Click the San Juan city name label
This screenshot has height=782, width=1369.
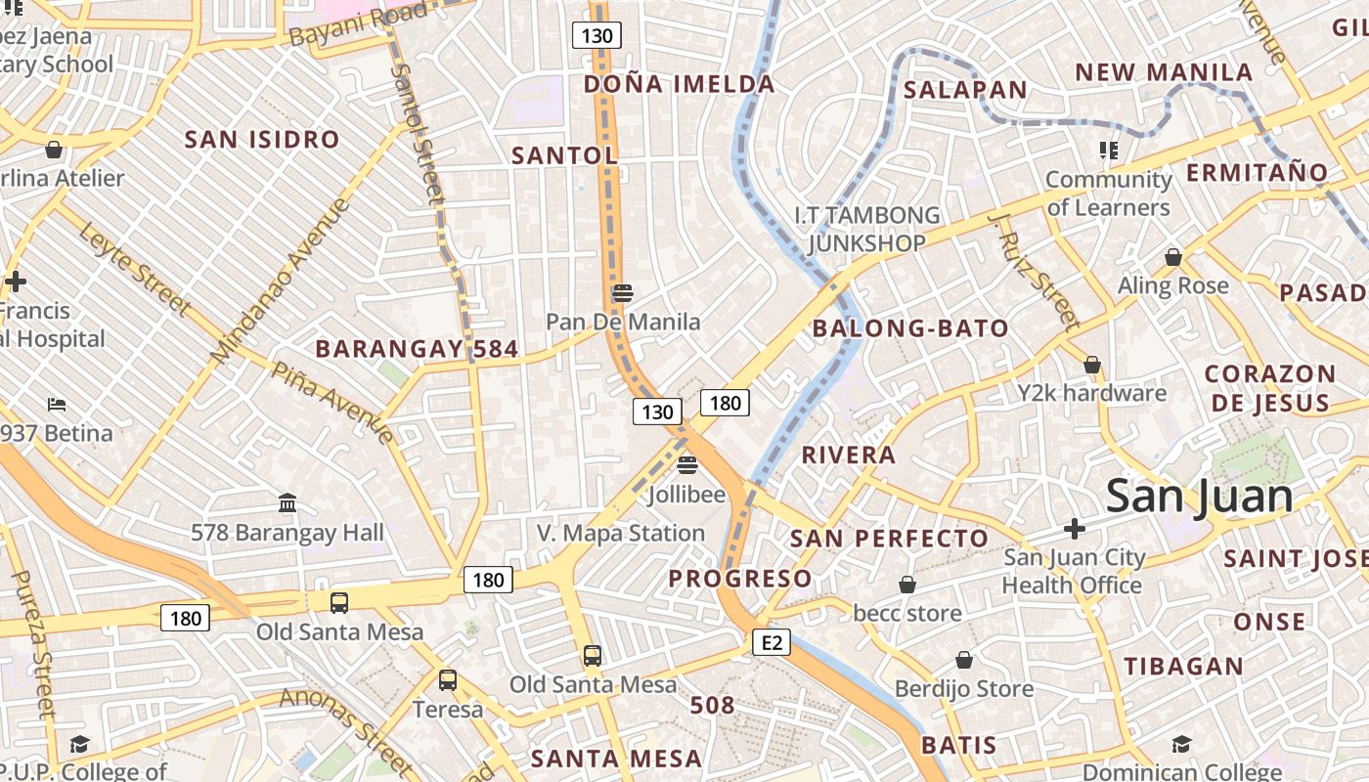tap(1199, 497)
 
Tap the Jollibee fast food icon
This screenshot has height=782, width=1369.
tap(687, 463)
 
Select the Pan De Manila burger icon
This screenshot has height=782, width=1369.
tap(622, 292)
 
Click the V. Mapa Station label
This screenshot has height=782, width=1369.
tap(620, 533)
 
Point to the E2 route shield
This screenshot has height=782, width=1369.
tap(772, 642)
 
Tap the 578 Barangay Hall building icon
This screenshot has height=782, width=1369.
tap(287, 503)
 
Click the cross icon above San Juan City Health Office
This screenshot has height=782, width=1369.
tap(1074, 529)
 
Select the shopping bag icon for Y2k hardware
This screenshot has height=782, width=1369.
tap(1091, 365)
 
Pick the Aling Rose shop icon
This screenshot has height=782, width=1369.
tap(1172, 257)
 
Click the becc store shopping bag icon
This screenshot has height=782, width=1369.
tap(907, 585)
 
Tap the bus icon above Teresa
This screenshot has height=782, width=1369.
tap(447, 679)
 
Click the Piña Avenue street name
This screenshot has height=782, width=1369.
tap(332, 402)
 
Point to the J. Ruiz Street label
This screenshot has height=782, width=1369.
tap(1033, 271)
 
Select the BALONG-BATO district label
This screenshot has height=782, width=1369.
tap(910, 328)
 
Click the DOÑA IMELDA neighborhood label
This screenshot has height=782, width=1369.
tap(679, 84)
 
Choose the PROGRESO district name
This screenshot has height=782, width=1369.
tap(739, 579)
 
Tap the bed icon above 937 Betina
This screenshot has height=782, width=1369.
tap(57, 405)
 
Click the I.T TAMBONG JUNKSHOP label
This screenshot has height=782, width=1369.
tap(866, 229)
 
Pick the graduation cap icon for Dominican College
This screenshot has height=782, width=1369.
tap(1181, 744)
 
